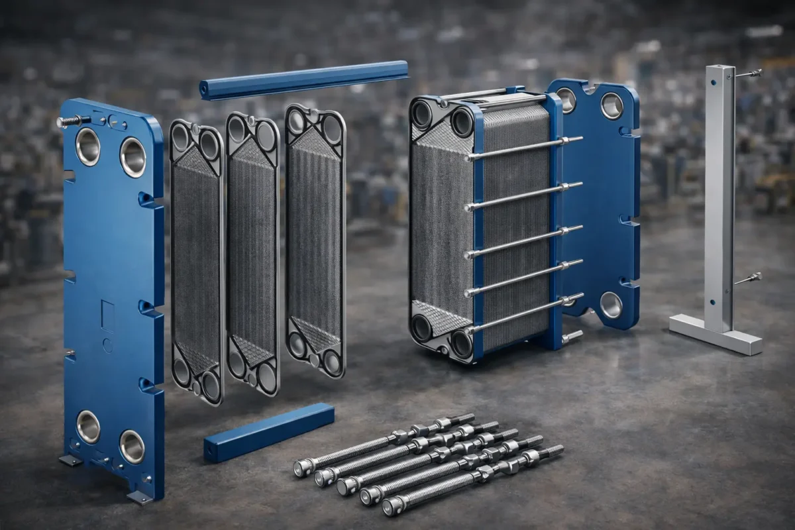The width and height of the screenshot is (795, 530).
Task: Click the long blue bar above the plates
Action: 305,79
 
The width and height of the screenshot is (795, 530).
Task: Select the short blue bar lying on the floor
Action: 268,432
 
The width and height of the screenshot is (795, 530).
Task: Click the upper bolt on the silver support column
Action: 747,74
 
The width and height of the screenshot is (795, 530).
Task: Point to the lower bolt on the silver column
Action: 747,278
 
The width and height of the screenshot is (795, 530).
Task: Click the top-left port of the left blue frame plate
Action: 87,146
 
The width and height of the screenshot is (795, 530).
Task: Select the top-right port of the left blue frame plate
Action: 132,157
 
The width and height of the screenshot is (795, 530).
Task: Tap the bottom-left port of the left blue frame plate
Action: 87,427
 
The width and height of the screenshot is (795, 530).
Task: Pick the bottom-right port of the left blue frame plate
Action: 132,447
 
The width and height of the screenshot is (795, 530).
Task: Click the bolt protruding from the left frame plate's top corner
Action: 68,121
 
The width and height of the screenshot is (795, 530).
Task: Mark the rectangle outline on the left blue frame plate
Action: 107,315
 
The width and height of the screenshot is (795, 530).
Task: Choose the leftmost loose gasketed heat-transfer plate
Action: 197,262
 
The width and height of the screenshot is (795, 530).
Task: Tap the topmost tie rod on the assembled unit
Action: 523,148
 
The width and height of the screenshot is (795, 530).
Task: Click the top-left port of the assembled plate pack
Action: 422,113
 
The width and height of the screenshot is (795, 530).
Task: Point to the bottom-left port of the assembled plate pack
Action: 421,327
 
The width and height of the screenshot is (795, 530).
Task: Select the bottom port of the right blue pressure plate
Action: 610,305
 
